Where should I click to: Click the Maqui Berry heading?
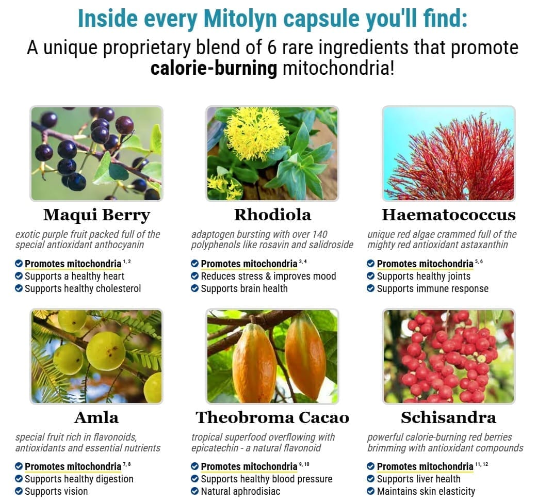[x=96, y=215]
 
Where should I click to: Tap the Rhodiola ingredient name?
[x=272, y=215]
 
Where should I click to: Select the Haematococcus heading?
[x=449, y=215]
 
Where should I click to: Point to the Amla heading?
[x=96, y=417]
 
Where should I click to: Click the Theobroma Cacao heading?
[x=272, y=417]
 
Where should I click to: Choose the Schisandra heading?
[x=449, y=417]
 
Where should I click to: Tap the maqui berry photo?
[x=96, y=153]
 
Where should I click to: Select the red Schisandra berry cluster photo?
[x=449, y=356]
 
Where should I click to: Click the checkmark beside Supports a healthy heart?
[x=19, y=276]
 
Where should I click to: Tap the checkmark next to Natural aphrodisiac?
[x=194, y=491]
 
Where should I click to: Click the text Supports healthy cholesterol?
[x=83, y=289]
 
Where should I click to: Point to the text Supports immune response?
[x=433, y=289]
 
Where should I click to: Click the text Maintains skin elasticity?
[x=426, y=491]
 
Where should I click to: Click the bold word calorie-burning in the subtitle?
[x=214, y=68]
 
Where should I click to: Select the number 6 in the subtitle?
[x=271, y=47]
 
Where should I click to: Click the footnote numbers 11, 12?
[x=481, y=464]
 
